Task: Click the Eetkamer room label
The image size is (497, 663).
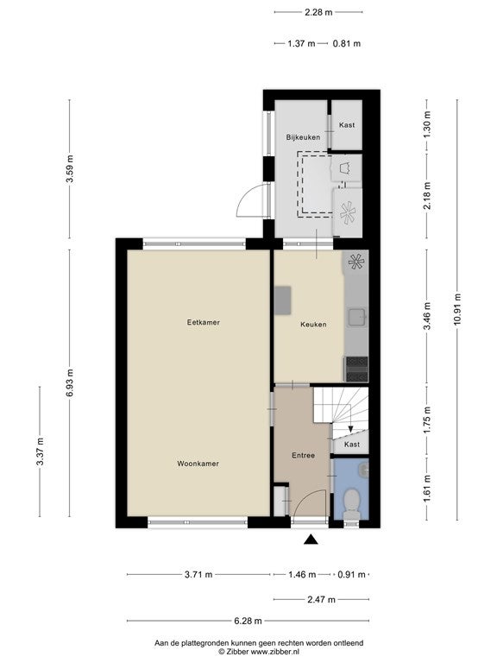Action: point(204,322)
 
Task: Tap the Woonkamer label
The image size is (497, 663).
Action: point(198,464)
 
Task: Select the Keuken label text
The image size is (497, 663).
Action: point(313,325)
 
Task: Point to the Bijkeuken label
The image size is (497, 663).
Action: point(303,137)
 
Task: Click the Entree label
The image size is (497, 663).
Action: point(304,456)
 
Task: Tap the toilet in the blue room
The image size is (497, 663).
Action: point(351,503)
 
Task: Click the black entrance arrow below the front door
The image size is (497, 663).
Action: point(311,539)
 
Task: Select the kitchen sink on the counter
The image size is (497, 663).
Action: point(357,317)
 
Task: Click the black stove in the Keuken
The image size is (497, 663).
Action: point(356,369)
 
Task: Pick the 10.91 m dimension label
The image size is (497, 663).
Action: point(456,309)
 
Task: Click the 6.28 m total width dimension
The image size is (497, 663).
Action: point(248,621)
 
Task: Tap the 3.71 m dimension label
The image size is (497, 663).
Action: point(198,575)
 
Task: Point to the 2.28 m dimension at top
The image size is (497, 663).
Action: point(318,12)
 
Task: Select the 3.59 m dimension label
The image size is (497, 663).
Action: point(69,169)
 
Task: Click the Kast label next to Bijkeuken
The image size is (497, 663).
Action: point(347,125)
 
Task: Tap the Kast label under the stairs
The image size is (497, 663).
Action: point(352,445)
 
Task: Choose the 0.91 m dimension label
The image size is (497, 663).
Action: point(352,575)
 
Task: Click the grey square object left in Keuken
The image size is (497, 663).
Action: point(283,300)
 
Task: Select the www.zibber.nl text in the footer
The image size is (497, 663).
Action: point(275,652)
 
